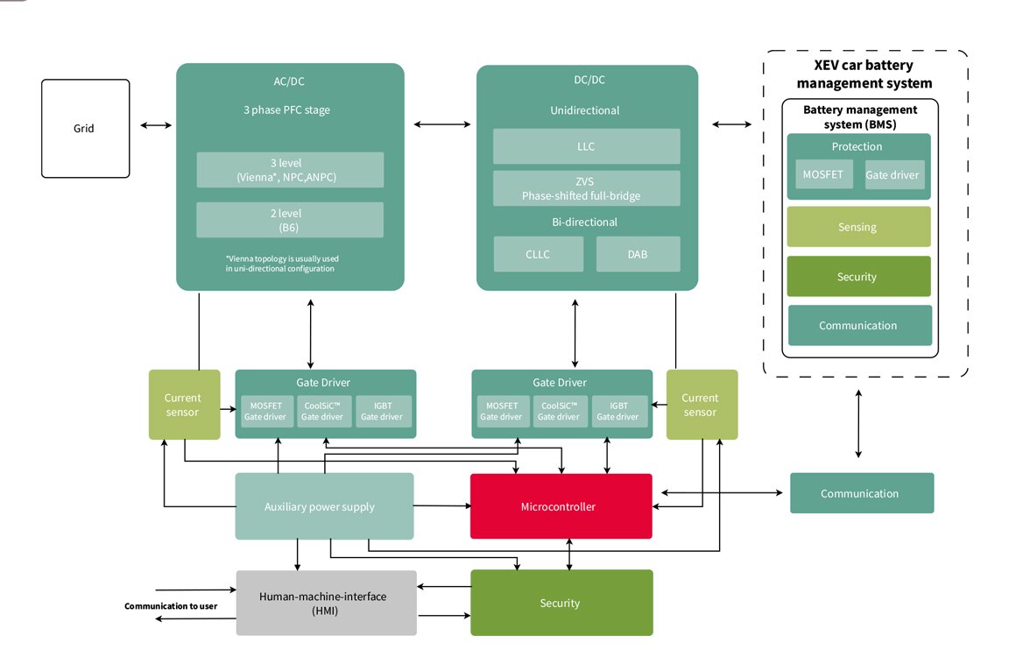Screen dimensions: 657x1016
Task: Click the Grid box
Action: [86, 128]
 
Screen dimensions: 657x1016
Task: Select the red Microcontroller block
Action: [561, 506]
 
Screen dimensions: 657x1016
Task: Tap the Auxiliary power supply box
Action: [324, 506]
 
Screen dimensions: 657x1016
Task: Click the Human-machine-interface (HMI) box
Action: [326, 603]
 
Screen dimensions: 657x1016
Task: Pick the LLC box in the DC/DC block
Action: [586, 146]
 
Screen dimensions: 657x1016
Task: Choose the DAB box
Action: [638, 254]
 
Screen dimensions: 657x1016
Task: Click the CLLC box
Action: [539, 254]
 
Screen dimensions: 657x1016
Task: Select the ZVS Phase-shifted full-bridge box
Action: [586, 188]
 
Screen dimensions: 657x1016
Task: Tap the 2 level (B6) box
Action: [290, 220]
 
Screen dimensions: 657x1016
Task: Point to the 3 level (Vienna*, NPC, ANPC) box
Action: [290, 170]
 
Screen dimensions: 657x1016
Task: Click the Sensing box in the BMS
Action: [858, 227]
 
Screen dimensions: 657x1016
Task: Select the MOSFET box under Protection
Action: [823, 174]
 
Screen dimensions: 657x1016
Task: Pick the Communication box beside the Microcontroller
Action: [862, 493]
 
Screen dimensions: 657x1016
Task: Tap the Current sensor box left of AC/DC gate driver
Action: [183, 405]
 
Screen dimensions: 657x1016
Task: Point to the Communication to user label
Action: [171, 605]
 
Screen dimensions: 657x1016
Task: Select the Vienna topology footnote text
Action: [281, 264]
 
